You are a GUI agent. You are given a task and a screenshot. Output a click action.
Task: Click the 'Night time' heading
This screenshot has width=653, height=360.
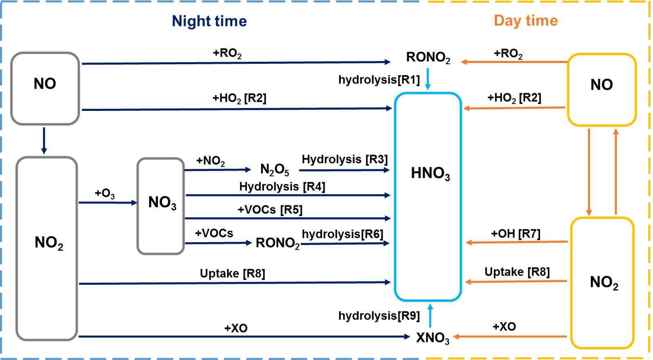[x=209, y=21]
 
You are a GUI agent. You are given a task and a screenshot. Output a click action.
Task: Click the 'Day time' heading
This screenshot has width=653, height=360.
[x=526, y=20]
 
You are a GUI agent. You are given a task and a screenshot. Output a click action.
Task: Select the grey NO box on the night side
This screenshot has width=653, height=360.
[x=45, y=88]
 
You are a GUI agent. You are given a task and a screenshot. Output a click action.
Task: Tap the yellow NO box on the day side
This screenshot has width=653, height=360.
[x=601, y=90]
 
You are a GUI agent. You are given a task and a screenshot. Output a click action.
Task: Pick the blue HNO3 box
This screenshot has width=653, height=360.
[x=428, y=196]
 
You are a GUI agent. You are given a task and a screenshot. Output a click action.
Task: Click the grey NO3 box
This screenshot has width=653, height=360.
[x=161, y=206]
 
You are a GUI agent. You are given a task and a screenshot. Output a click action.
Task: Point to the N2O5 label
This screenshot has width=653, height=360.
[x=275, y=169]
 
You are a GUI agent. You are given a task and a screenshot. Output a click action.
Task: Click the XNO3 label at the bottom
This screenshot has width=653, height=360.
[x=432, y=338]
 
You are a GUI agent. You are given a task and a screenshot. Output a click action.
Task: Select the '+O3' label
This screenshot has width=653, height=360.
[x=105, y=193]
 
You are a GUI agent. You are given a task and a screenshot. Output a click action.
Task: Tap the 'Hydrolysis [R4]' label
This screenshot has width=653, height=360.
[x=282, y=187]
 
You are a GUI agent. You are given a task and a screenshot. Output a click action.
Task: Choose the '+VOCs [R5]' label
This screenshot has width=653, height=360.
[x=270, y=210]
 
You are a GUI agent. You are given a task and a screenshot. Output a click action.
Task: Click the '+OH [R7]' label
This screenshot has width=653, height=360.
[x=516, y=234]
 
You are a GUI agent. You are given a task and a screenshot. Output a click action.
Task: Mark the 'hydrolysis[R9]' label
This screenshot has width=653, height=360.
[x=379, y=316]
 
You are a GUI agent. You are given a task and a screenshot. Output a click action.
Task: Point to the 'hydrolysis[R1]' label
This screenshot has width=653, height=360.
[x=379, y=80]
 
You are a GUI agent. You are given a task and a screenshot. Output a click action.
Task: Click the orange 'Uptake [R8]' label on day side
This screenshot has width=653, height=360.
[x=517, y=272]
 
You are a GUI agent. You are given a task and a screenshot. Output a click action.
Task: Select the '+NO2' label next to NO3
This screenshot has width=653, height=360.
[x=210, y=161]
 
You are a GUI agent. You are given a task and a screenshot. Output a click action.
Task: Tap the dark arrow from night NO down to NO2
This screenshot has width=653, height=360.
[x=44, y=141]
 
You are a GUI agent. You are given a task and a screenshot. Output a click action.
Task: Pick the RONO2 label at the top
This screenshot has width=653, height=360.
[x=428, y=58]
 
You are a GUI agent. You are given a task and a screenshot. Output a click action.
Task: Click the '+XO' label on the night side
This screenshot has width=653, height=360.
[x=236, y=328]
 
